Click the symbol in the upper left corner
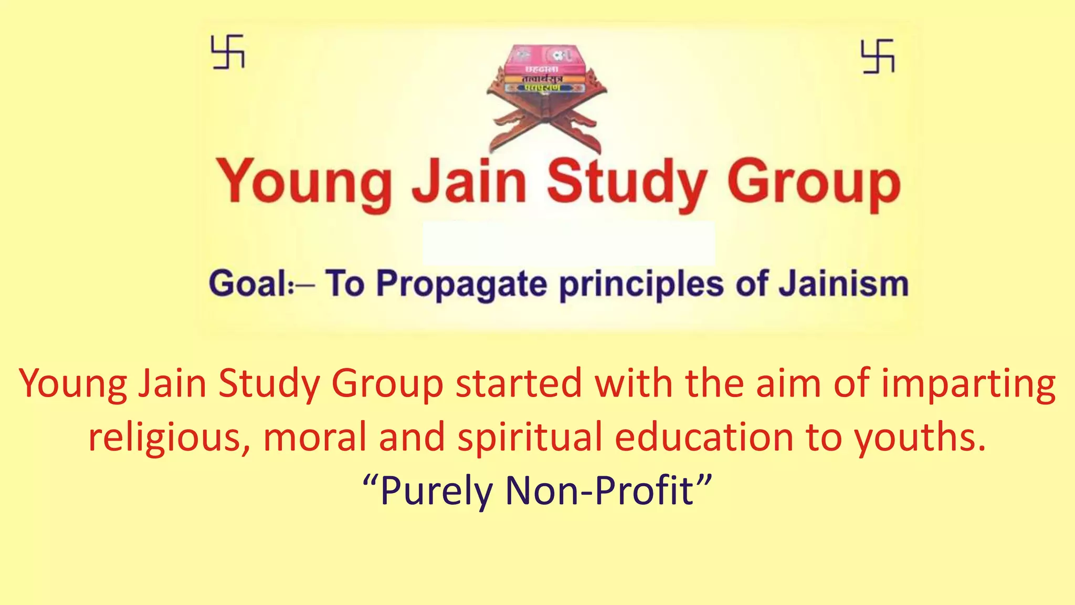pos(228,51)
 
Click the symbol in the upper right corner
pos(878,56)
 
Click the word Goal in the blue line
pos(250,284)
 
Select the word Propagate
pos(462,285)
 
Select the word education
pos(704,437)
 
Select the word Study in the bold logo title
pos(627,182)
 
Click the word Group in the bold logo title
pos(814,183)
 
